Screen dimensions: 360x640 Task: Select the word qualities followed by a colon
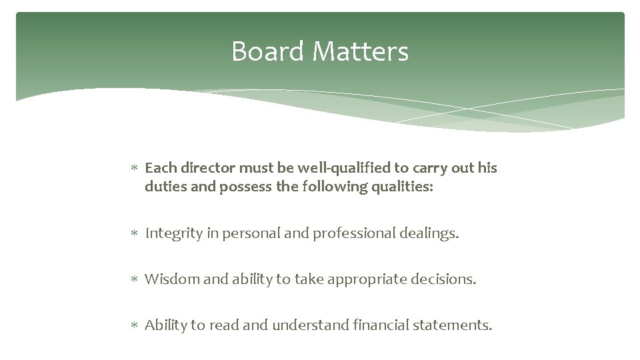pos(399,187)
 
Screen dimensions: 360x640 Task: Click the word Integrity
pos(172,233)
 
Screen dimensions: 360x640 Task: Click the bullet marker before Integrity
pos(134,234)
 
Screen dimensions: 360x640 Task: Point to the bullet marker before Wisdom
pos(134,280)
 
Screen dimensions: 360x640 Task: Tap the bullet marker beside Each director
pos(134,169)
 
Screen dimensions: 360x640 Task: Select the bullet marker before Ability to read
pos(134,326)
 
